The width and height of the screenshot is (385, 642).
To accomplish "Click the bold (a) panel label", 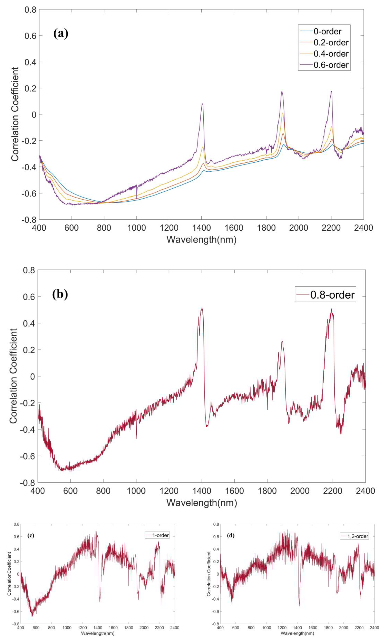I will click(61, 34).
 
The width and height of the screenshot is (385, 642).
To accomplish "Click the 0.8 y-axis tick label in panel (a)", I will click(30, 10).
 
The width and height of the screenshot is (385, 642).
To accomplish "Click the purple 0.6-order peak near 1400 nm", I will click(202, 104).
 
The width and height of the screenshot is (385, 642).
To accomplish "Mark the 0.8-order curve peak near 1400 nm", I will click(202, 308).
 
